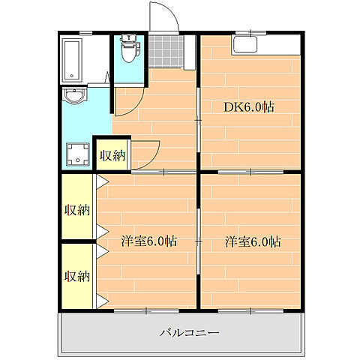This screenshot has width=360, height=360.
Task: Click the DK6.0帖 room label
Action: (249, 107)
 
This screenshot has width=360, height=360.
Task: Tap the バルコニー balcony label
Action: (189, 332)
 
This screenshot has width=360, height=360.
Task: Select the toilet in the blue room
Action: (129, 49)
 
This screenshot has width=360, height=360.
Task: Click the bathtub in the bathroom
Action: (72, 61)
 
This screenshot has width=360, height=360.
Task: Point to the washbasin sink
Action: (74, 96)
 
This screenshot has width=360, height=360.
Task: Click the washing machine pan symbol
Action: (78, 154)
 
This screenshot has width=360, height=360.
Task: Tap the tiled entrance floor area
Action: (166, 51)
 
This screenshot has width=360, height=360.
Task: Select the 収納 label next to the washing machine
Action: (112, 156)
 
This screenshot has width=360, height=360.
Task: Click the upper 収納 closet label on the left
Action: (77, 210)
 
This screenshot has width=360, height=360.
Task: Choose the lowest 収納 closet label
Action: (77, 276)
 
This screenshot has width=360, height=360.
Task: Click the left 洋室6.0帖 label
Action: (149, 241)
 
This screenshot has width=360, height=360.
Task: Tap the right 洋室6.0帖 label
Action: (253, 241)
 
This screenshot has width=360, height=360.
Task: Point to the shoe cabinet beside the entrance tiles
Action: (190, 52)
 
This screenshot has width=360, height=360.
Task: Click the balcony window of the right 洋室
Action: (250, 311)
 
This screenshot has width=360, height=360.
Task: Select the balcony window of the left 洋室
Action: (146, 311)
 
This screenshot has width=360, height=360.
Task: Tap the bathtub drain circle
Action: (72, 76)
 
